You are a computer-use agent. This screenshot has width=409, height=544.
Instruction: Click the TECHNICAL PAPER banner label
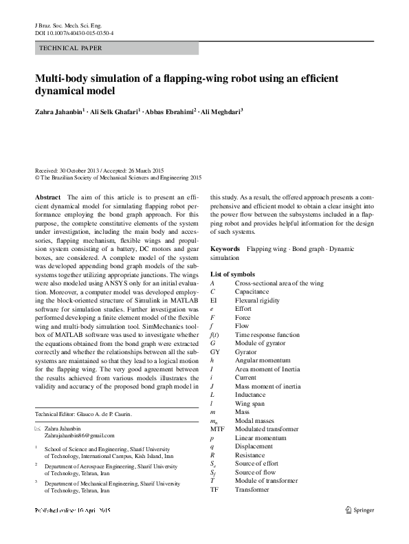tap(71, 48)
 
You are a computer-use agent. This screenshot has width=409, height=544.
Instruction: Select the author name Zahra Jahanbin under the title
tap(59, 111)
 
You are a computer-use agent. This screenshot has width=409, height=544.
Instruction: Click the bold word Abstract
tap(47, 197)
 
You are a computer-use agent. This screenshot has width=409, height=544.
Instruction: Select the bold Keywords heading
tap(225, 249)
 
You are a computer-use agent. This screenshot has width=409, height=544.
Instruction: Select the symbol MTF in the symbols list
tap(217, 428)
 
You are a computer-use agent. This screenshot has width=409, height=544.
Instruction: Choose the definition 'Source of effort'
tap(256, 464)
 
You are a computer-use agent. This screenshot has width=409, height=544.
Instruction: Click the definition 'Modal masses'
tap(255, 420)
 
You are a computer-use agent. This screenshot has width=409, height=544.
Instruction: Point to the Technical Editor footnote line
tap(83, 415)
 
